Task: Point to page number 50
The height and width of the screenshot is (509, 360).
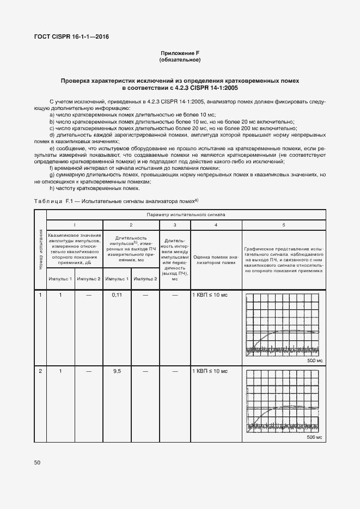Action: point(38,462)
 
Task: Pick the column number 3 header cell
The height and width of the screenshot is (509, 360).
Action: point(175,224)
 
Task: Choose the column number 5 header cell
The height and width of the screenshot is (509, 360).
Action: point(283,224)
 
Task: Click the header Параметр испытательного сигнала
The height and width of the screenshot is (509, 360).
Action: point(186,215)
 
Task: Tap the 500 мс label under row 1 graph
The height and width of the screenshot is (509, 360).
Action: point(315,361)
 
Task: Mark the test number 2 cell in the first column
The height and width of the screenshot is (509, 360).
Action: point(41,371)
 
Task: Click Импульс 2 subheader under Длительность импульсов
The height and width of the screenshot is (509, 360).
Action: point(145,279)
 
